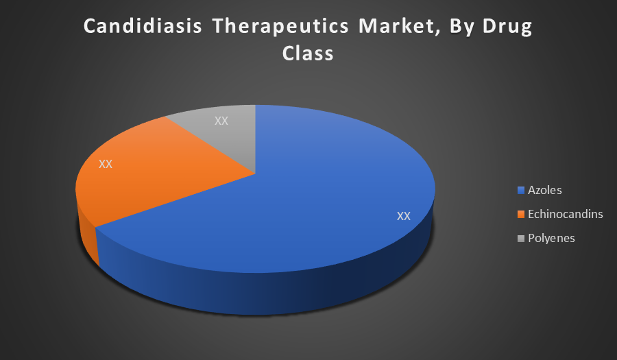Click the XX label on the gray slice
[221, 121]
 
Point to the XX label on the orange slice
[106, 164]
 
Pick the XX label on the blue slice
[404, 216]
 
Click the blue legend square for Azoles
[521, 191]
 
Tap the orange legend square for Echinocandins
[521, 215]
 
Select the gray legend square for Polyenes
[521, 239]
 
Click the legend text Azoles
[544, 190]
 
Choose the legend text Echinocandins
[566, 214]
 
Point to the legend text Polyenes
[551, 239]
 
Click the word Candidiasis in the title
[143, 26]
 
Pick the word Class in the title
[308, 53]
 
